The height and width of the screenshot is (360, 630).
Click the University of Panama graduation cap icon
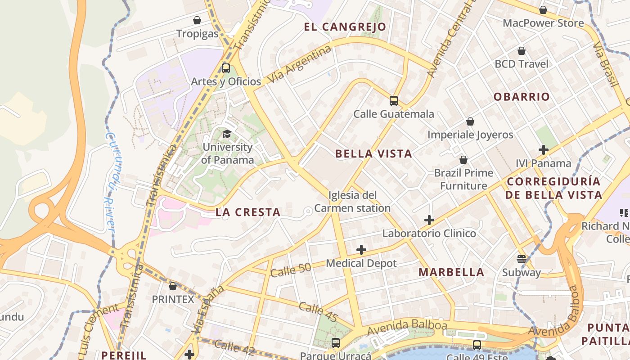tap(227, 134)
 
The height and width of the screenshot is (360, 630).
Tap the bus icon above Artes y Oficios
tap(226, 68)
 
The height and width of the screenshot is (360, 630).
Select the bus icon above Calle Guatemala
tap(394, 101)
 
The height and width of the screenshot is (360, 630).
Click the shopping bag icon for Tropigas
tap(197, 20)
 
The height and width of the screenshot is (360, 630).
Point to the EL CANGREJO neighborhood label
tap(345, 27)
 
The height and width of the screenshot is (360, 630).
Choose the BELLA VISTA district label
tap(373, 154)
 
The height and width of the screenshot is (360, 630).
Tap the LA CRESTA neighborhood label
tap(248, 212)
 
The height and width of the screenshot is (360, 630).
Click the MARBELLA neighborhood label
tap(451, 272)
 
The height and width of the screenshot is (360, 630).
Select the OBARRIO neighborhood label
tap(522, 97)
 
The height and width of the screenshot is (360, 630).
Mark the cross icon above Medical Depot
tap(361, 250)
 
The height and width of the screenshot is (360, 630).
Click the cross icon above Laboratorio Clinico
tap(429, 220)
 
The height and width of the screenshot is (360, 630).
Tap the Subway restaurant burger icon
tap(522, 259)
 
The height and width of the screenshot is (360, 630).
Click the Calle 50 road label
tap(291, 270)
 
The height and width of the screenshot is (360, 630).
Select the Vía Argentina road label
tap(299, 66)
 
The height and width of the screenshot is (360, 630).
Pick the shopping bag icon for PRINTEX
tap(173, 286)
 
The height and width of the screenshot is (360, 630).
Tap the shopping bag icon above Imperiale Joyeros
tap(470, 121)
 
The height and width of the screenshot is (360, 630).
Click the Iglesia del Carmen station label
tap(352, 202)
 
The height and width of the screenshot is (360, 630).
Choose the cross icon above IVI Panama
tap(544, 150)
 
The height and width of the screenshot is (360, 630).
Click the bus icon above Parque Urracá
tap(336, 343)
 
